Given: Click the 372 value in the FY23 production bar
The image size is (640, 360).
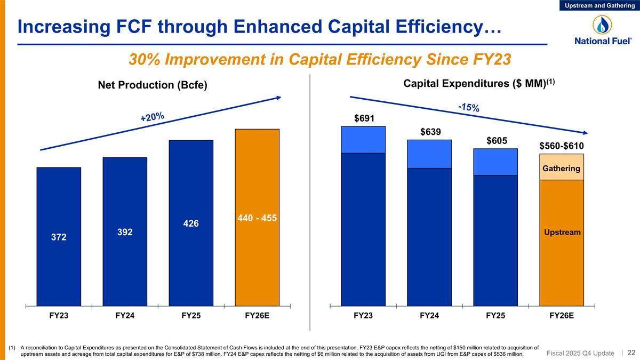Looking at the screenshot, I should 59,237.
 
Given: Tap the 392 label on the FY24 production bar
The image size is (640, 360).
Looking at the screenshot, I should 125,233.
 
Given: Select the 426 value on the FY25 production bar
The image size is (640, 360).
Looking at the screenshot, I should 190,223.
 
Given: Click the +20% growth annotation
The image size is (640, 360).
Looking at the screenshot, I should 152,117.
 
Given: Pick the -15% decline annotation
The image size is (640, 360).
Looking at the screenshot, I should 469,107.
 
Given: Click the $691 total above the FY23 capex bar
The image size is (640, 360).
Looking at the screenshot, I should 363,118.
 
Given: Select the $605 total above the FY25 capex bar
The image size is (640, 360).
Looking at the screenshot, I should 495,140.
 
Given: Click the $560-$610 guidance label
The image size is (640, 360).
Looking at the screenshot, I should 562,146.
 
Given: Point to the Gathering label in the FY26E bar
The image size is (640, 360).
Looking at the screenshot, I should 561,169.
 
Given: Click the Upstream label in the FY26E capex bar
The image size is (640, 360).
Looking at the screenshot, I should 562,233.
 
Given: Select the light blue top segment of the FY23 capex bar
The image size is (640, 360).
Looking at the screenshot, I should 363,140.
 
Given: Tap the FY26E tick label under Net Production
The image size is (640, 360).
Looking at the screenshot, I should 257,315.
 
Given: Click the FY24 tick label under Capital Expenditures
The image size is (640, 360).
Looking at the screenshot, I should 429,315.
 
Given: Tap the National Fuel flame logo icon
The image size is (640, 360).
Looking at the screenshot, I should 600,25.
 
